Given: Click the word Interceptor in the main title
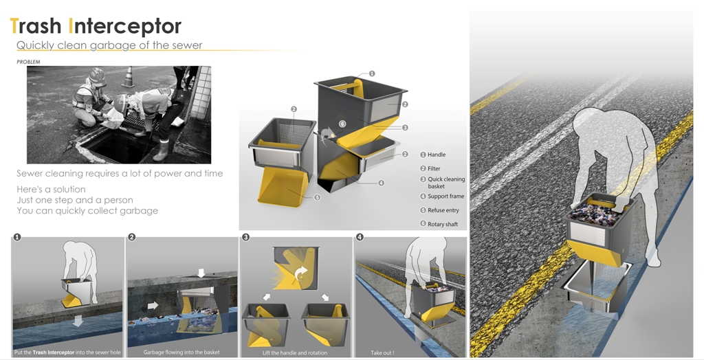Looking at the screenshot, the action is click(x=125, y=26).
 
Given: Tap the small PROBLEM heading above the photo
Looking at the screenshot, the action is click(x=28, y=62).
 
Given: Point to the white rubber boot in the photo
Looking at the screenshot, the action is click(x=161, y=150).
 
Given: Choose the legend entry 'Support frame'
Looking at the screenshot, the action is click(x=442, y=196).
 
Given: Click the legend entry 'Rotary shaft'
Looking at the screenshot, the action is click(x=439, y=224).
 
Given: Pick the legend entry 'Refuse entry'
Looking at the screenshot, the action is click(x=439, y=210).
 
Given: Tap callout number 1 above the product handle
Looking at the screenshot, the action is click(x=371, y=74).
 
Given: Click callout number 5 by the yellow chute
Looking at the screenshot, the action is click(x=317, y=197).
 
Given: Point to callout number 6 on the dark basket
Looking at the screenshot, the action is click(x=342, y=124).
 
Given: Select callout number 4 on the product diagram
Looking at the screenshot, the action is click(x=381, y=183).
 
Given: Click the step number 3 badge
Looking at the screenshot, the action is click(x=245, y=237).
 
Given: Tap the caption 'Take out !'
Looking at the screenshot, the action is click(x=382, y=353).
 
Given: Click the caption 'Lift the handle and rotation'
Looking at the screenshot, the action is click(x=294, y=353).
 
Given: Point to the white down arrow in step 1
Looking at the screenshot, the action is click(x=78, y=321).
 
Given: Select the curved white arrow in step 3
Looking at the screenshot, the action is click(x=301, y=273).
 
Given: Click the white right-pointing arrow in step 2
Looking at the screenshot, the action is click(x=153, y=305).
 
